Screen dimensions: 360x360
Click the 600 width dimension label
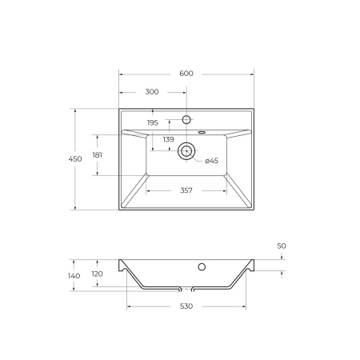pyautogui.click(x=186, y=74)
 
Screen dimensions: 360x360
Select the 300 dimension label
pyautogui.click(x=152, y=92)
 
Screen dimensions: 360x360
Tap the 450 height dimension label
pyautogui.click(x=75, y=159)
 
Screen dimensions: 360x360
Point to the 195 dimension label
pyautogui.click(x=153, y=122)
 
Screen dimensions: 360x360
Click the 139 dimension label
pyautogui.click(x=169, y=139)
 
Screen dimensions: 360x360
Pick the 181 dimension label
pyautogui.click(x=97, y=155)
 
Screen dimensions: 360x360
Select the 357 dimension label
pyautogui.click(x=186, y=190)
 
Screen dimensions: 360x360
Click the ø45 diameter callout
pyautogui.click(x=211, y=161)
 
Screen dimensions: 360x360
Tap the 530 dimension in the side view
pyautogui.click(x=186, y=306)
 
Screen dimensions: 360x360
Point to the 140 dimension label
pyautogui.click(x=74, y=275)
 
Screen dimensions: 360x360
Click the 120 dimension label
pyautogui.click(x=97, y=273)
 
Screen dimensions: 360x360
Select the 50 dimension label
pyautogui.click(x=282, y=246)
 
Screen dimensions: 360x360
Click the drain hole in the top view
pyautogui.click(x=186, y=149)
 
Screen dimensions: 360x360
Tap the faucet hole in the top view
pyautogui.click(x=186, y=120)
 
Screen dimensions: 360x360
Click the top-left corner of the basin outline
pyautogui.click(x=119, y=109)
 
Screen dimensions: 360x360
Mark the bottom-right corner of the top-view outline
pyautogui.click(x=254, y=210)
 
